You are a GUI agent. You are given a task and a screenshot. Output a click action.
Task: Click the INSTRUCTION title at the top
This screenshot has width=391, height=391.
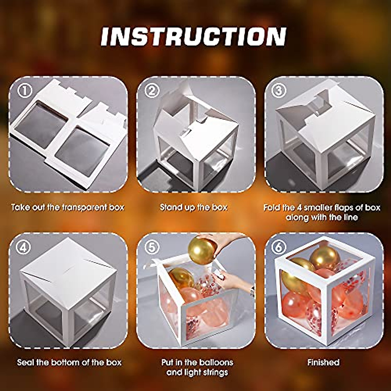click(194, 36)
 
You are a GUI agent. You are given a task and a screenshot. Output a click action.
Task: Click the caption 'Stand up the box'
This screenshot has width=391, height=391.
click(194, 207)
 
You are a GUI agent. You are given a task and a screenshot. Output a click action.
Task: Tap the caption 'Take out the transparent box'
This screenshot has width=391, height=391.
click(67, 207)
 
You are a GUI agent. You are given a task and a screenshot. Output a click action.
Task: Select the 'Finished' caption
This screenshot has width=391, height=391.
click(323, 362)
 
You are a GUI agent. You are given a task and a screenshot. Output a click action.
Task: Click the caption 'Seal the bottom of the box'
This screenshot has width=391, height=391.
click(69, 362)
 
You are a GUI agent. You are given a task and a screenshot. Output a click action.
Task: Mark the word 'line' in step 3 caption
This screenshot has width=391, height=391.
click(349, 217)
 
